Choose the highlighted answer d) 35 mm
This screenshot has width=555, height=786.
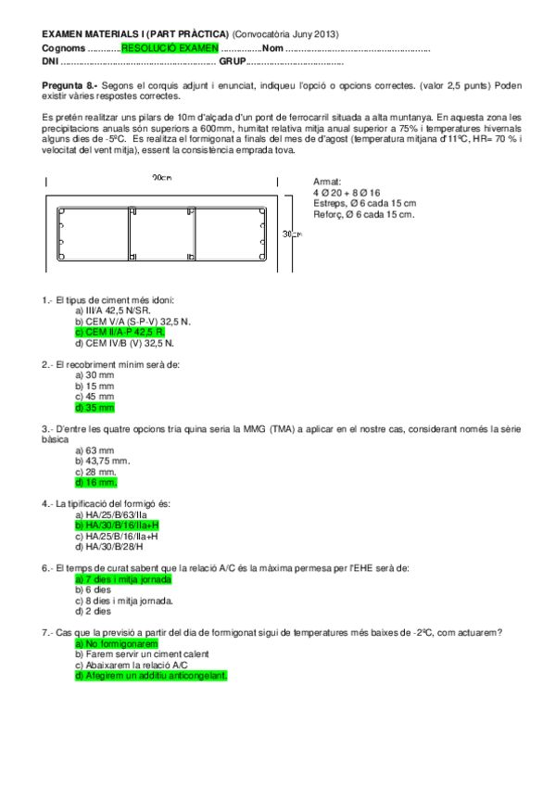95,407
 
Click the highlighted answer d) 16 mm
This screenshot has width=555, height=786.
96,483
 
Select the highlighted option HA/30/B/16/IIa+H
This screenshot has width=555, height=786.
118,526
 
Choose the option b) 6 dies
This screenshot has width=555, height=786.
93,589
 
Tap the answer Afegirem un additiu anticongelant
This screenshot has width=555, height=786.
150,676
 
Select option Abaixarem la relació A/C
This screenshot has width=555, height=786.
131,665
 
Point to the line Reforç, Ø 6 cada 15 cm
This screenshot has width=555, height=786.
363,214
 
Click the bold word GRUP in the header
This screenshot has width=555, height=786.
232,61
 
